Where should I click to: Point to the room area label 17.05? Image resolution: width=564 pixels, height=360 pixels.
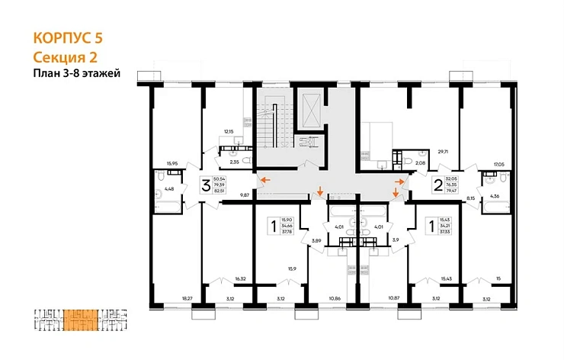pyautogui.click(x=499, y=163)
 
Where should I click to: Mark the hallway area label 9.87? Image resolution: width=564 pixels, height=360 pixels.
pyautogui.click(x=245, y=194)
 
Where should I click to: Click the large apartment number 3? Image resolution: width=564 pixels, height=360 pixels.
pyautogui.click(x=205, y=185)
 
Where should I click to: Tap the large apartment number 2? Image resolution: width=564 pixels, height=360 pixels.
pyautogui.click(x=437, y=184)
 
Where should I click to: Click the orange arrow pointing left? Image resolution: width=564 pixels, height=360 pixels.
pyautogui.click(x=264, y=181)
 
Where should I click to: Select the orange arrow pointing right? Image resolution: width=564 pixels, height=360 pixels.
pyautogui.click(x=400, y=181)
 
